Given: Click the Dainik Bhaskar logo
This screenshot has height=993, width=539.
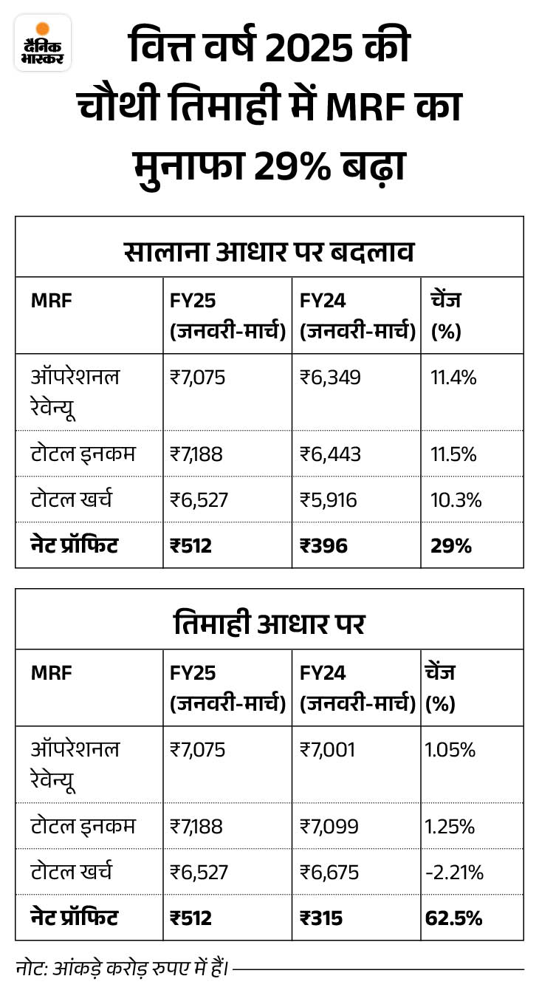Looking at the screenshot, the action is tap(43, 43).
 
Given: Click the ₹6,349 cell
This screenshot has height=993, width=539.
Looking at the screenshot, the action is tap(330, 378).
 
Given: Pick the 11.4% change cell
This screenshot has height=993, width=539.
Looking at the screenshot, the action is tap(453, 378).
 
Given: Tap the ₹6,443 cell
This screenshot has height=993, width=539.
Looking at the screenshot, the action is tap(330, 454).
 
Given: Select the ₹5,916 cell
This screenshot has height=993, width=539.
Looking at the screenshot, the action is tap(328, 500).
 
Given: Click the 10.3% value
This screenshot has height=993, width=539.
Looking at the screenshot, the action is tap(456, 500).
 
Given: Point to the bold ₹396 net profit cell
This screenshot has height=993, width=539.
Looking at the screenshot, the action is tap(323, 546).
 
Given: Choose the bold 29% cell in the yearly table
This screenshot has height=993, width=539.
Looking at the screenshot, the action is tap(451, 546).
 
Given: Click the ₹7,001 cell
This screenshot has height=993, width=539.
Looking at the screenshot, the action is tap(327, 750).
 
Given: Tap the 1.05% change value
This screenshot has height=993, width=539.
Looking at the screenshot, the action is tap(450, 750).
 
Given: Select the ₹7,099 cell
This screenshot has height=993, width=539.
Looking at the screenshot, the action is tap(329, 827).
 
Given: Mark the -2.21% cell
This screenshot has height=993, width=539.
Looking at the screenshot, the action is tap(454, 873).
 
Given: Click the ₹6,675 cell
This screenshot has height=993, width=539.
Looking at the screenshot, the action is tap(329, 873).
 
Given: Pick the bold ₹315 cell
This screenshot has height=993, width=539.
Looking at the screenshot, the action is tap(321, 918).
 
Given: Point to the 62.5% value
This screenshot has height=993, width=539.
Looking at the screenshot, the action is tap(453, 918).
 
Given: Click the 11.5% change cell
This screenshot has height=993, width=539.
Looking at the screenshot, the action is tap(453, 454).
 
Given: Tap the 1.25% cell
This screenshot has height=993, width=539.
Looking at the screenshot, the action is tap(450, 827).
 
